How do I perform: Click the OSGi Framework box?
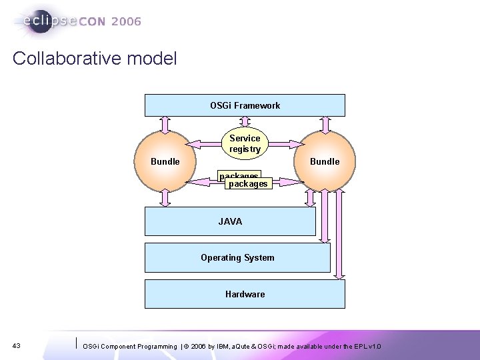coord(245,105)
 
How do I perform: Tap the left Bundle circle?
coord(165,161)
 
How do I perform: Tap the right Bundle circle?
coord(325,161)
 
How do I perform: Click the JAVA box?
coord(230,221)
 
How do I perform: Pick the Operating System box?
coord(237,257)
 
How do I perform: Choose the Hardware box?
coord(245,294)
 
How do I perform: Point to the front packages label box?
coord(248,183)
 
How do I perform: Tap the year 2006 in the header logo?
coord(127,21)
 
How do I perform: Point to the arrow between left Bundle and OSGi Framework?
coord(165,125)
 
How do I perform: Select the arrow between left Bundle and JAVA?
coord(165,197)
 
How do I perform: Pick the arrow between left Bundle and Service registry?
coord(204,143)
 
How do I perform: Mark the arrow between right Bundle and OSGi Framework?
coord(325,125)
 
